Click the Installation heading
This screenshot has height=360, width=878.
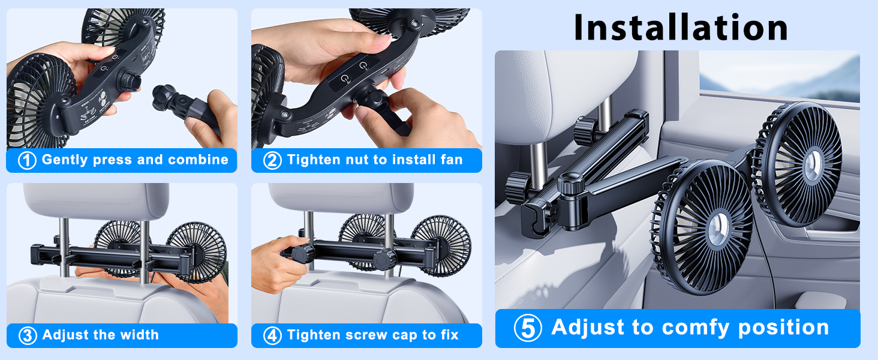pos(681,27)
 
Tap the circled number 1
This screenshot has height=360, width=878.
pos(27,161)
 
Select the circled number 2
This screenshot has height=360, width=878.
pos(272,161)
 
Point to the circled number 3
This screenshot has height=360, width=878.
pos(28,335)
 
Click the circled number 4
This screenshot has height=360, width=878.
pos(272,335)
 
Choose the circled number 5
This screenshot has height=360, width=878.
pos(528,328)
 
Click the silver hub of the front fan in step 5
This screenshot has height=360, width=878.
pos(715,228)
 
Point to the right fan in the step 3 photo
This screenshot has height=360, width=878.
pos(197,252)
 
